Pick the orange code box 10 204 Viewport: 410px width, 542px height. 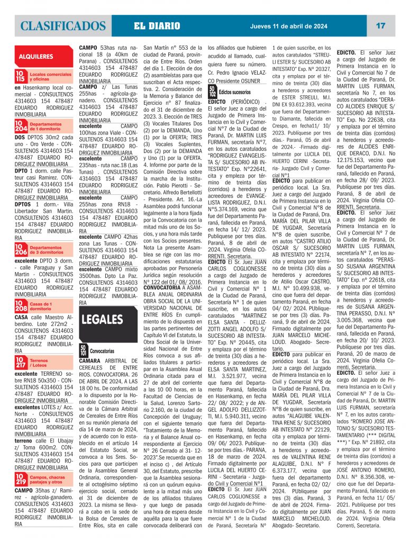[21, 125]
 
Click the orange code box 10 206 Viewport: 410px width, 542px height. [21, 249]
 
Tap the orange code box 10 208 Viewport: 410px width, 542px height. [21, 306]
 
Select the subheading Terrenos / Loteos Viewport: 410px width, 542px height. [42, 363]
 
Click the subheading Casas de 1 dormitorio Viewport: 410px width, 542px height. [41, 306]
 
